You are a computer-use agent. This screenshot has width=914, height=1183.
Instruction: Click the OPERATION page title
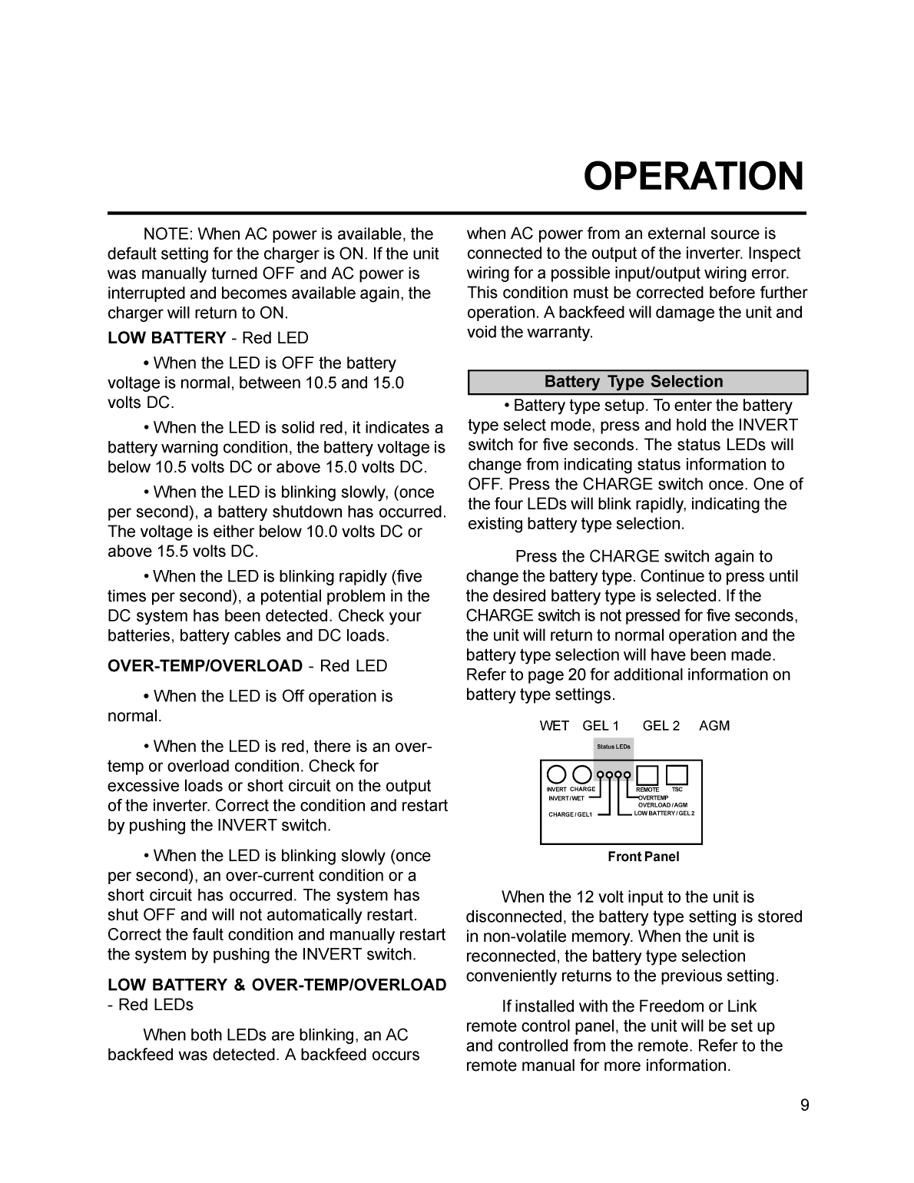tap(694, 177)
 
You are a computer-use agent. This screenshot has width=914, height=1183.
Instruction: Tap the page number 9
tap(804, 1105)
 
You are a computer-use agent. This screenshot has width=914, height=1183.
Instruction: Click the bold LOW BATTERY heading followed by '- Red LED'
tap(167, 338)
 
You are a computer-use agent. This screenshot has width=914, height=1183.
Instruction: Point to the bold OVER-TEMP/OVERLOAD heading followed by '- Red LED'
tap(205, 666)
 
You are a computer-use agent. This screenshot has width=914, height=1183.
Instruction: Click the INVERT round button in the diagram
tap(557, 774)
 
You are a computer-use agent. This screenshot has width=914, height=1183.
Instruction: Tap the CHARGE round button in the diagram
tap(582, 774)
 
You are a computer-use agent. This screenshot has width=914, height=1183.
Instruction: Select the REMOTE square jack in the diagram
tap(647, 775)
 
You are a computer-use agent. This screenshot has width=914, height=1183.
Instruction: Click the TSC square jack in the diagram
tap(677, 774)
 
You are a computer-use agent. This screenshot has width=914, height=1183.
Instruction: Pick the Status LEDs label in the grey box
tap(614, 747)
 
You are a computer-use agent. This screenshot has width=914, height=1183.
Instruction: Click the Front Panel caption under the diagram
tap(644, 857)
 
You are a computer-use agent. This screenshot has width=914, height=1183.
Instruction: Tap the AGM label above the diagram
tap(714, 726)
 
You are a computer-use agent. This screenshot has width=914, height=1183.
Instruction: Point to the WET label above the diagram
tap(554, 726)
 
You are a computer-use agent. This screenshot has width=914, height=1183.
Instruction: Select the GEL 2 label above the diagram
tap(661, 726)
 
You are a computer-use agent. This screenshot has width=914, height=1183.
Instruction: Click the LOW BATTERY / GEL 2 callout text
tap(664, 813)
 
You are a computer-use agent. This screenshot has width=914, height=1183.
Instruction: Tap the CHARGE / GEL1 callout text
tap(570, 814)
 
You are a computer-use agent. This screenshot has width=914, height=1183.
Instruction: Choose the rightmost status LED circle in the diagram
tap(627, 774)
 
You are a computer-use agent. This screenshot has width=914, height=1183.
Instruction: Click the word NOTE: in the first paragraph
tap(167, 234)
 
